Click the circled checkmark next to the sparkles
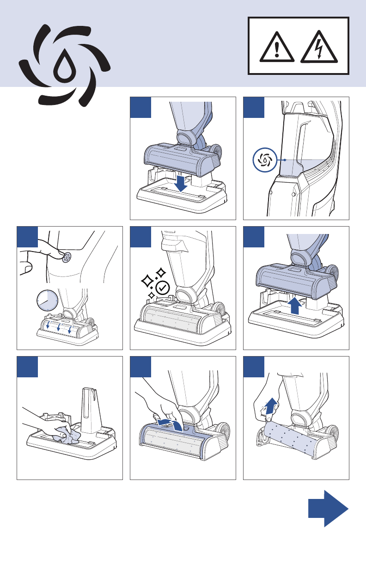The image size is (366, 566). click(163, 287)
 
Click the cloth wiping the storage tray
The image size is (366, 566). click(66, 435)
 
